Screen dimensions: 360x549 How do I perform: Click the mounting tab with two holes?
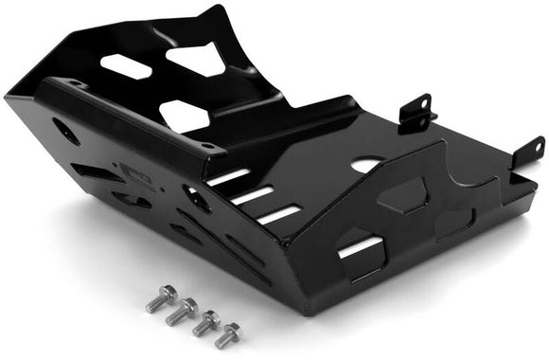point(416,112)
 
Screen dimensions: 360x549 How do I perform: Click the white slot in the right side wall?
point(362,249)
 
